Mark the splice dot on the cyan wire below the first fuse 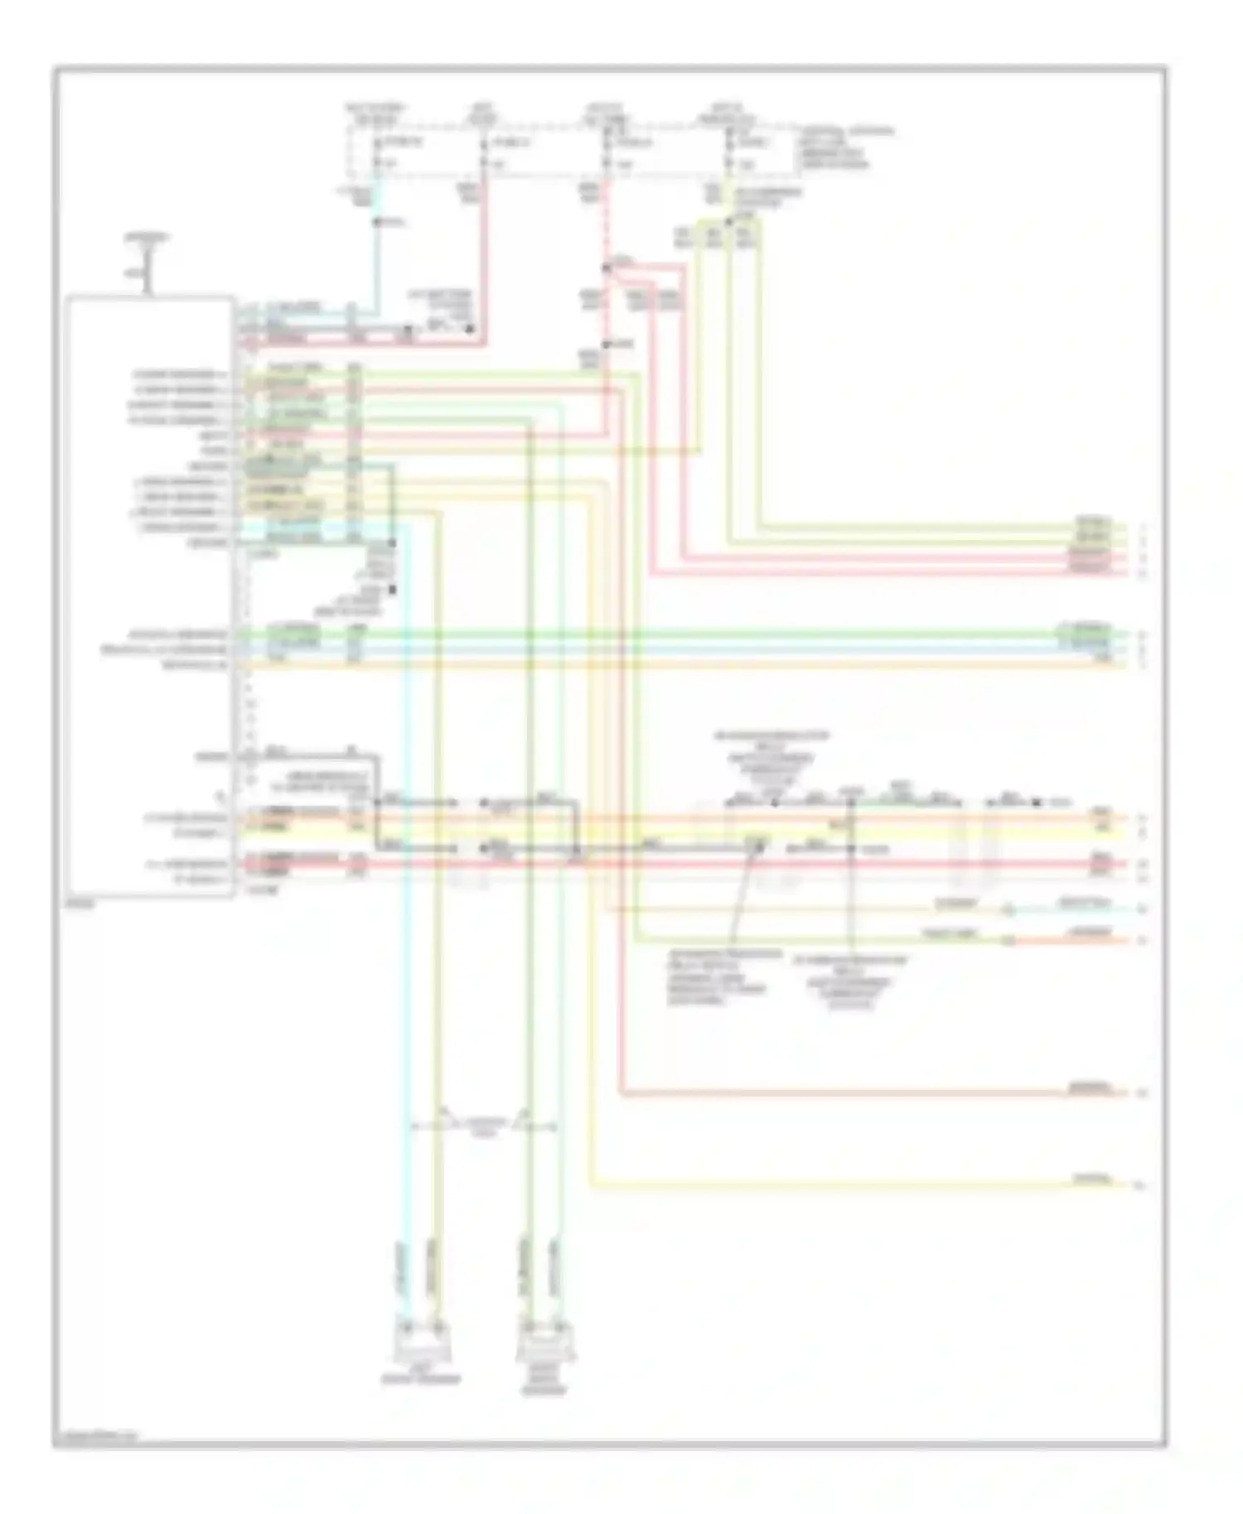pyautogui.click(x=376, y=222)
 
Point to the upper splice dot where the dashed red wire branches pyautogui.click(x=607, y=267)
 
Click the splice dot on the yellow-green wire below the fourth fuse pyautogui.click(x=728, y=221)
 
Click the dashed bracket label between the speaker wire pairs pyautogui.click(x=485, y=1126)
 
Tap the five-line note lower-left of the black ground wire pyautogui.click(x=725, y=977)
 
